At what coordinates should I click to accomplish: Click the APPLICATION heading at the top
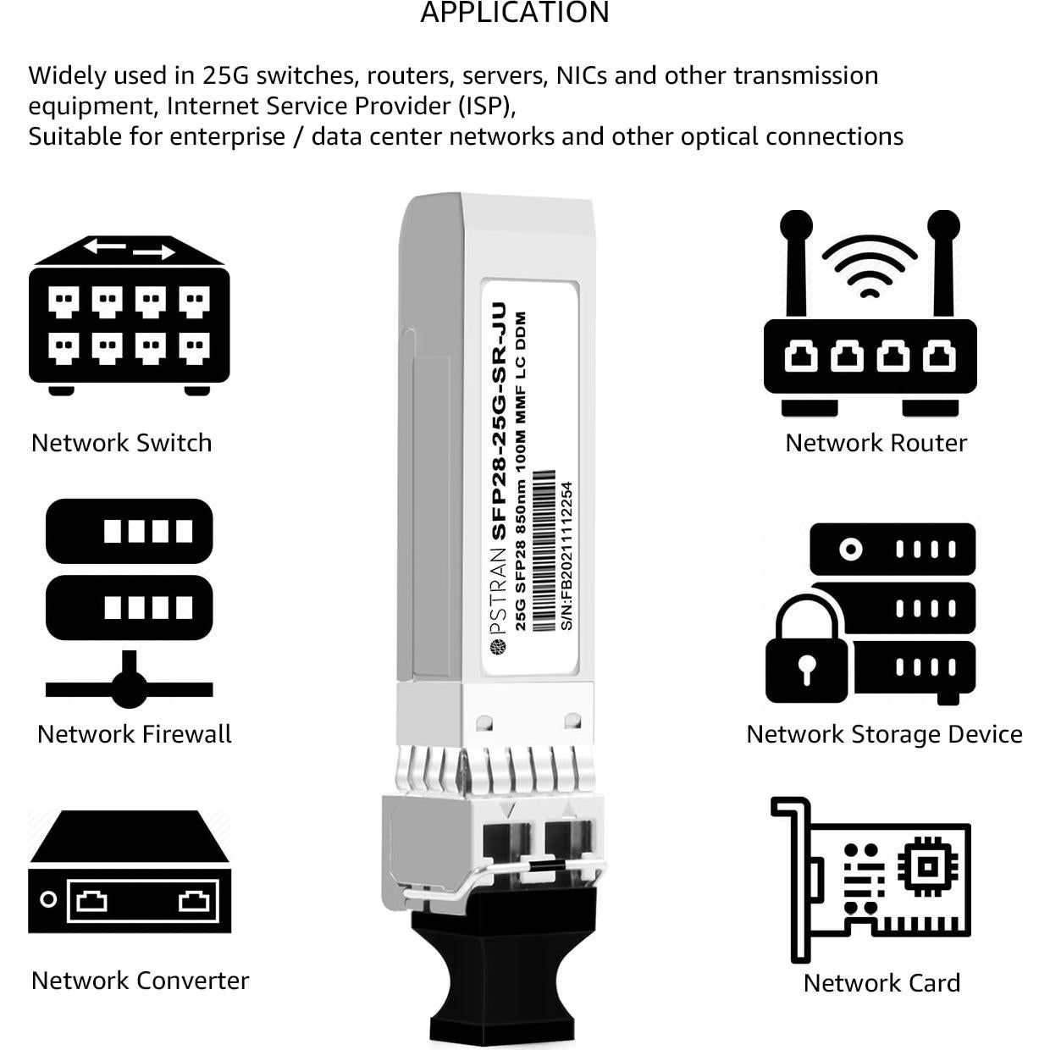pyautogui.click(x=515, y=13)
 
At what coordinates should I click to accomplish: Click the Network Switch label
pyautogui.click(x=121, y=443)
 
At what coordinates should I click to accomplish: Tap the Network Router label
pyautogui.click(x=876, y=443)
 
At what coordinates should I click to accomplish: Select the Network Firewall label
pyautogui.click(x=134, y=734)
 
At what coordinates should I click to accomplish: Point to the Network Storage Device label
pyautogui.click(x=884, y=734)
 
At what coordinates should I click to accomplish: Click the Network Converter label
pyautogui.click(x=140, y=981)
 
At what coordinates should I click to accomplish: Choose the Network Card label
pyautogui.click(x=881, y=983)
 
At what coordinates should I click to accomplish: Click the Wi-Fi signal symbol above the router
pyautogui.click(x=869, y=266)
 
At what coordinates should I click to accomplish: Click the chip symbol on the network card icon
pyautogui.click(x=928, y=866)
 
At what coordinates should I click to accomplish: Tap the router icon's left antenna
pyautogui.click(x=796, y=262)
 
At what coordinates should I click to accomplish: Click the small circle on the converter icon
pyautogui.click(x=49, y=898)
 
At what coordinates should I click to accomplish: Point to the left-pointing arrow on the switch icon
pyautogui.click(x=104, y=246)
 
